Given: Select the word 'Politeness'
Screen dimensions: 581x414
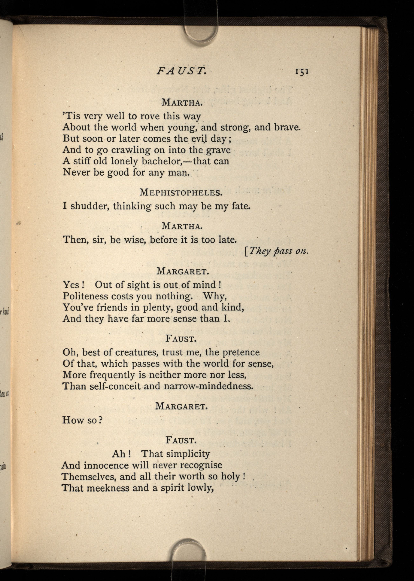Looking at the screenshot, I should [x=85, y=296].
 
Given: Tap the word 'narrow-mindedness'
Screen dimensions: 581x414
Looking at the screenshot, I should [x=208, y=386].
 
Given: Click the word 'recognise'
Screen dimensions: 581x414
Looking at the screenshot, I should [x=201, y=465].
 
